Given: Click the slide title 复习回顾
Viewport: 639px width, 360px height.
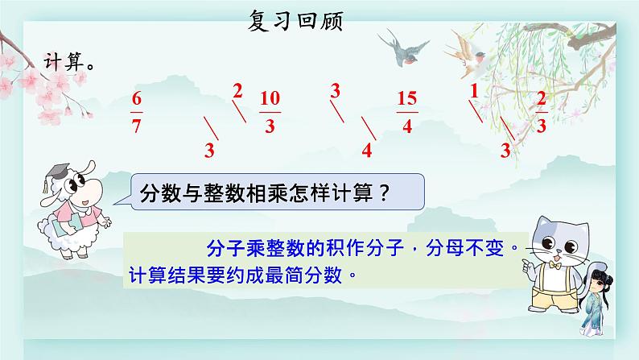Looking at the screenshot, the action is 295,21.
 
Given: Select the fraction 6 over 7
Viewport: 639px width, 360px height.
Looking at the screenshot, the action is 137,113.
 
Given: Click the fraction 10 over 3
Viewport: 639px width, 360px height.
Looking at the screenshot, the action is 270,112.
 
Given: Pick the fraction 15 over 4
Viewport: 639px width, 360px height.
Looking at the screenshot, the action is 407,113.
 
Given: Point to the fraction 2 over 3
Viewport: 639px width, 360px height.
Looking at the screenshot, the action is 541,113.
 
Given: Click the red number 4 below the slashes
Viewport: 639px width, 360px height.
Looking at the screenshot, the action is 367,151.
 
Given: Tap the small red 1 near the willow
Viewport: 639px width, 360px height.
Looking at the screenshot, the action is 473,91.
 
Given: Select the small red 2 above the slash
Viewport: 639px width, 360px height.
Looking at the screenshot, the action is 237,91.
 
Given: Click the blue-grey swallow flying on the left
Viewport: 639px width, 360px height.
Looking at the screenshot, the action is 403,49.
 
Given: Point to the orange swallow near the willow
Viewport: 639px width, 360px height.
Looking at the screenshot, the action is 467,54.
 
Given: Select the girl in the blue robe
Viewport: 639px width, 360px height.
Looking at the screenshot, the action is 595,303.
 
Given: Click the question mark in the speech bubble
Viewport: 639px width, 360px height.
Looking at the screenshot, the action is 384,192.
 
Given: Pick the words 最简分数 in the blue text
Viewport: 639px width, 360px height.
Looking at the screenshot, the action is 303,275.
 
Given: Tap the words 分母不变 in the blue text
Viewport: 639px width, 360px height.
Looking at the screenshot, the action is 464,247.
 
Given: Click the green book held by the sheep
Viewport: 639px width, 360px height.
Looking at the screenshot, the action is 68,226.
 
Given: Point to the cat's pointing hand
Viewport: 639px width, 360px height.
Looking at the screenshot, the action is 530,267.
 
